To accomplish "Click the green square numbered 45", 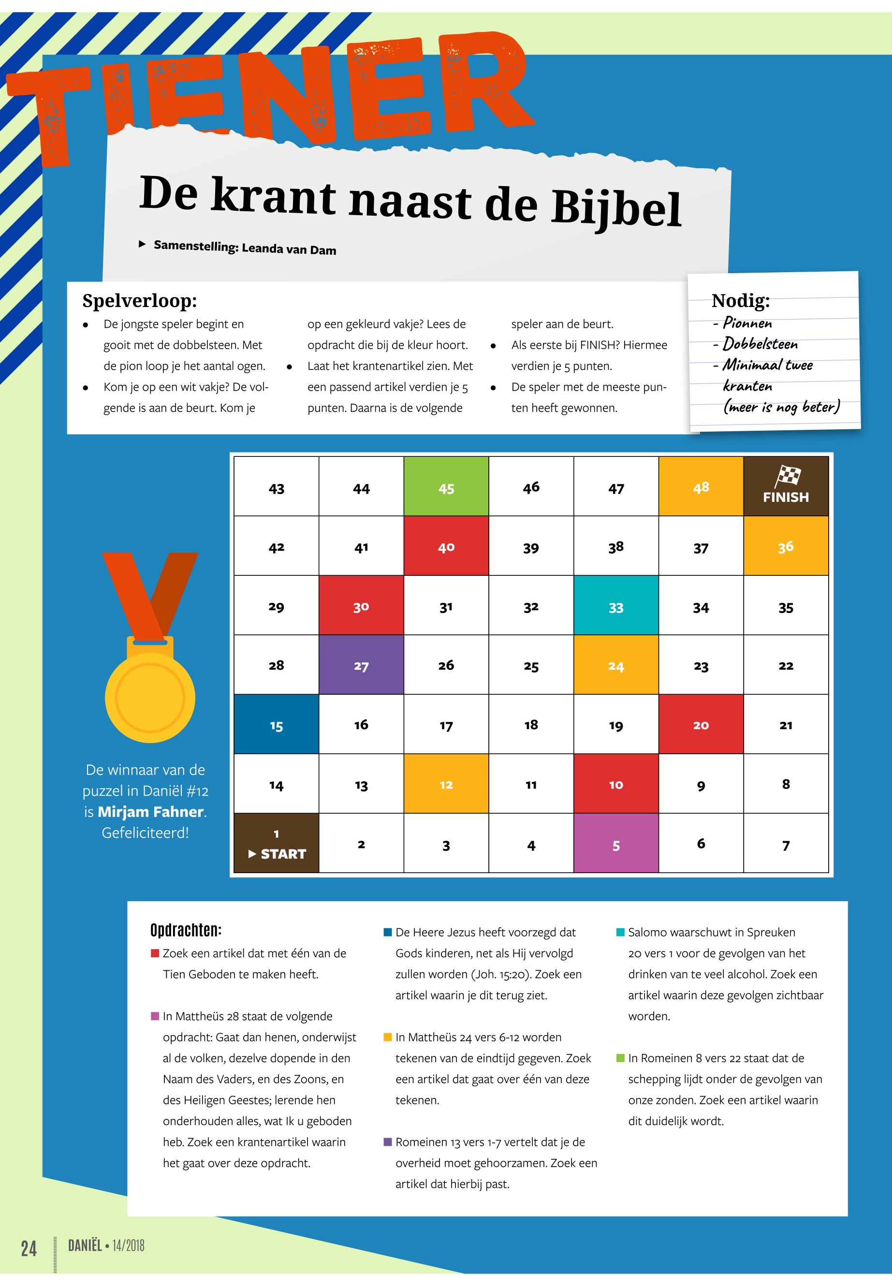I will coord(446,486).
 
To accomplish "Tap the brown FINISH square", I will coord(785,486).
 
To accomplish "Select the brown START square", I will coord(276,843).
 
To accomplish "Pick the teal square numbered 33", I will coord(615,606).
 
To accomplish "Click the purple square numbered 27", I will coord(361,665).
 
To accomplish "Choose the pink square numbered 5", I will coord(615,843).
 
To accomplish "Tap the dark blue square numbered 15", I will coord(276,724).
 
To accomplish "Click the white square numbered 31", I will coord(446,606).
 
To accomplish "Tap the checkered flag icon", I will coord(787,476).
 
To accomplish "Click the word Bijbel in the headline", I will coord(616,208).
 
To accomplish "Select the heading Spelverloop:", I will coord(140,301).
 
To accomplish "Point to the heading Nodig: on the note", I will coord(741,301).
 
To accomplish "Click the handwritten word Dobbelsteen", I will coord(760,344).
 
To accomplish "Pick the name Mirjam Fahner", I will coord(150,812).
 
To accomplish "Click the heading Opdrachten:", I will coord(186,931).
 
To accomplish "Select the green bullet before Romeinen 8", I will coord(620,1058).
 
